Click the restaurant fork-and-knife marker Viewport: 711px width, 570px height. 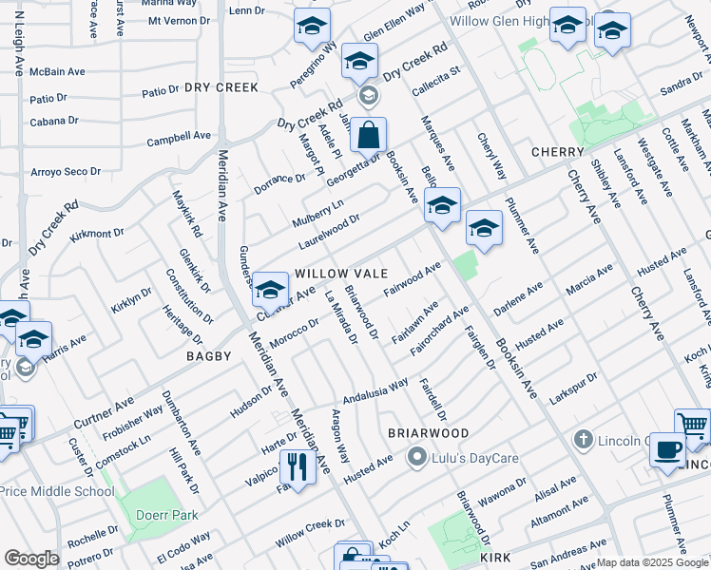[298, 466]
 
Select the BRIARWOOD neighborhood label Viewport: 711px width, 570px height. [429, 432]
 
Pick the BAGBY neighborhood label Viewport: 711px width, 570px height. [209, 356]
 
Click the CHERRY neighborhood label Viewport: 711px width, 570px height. [557, 152]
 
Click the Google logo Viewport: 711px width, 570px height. [31, 558]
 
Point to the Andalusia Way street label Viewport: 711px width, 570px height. [375, 389]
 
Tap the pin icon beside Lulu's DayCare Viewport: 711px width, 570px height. [415, 458]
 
